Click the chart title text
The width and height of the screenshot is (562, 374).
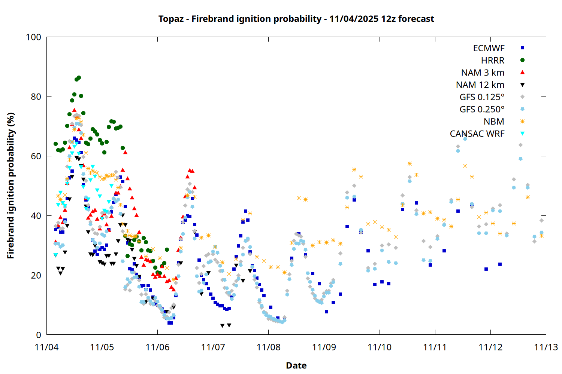[296, 19]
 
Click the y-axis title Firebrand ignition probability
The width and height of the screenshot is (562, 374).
[10, 186]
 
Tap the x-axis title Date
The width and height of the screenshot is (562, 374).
[296, 365]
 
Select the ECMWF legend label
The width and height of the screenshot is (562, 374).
[489, 48]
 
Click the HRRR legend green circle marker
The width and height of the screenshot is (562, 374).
[522, 60]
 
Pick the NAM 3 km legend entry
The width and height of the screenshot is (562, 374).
[483, 73]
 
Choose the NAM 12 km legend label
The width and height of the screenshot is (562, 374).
[480, 85]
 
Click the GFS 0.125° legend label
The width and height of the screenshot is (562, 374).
[482, 97]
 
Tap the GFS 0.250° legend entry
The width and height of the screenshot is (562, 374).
[482, 109]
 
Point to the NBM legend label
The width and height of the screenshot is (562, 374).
[494, 122]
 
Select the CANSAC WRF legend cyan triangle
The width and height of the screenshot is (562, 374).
[522, 134]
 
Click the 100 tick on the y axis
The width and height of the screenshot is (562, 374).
[33, 37]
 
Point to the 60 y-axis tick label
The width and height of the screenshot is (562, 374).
[36, 156]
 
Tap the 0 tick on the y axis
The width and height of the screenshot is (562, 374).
[39, 335]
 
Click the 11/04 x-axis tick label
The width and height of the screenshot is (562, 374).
[46, 347]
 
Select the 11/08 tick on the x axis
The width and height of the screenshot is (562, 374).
[269, 347]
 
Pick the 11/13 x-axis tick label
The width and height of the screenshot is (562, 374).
[546, 347]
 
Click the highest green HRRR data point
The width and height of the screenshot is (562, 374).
[79, 78]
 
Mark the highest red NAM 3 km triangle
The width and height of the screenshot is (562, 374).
[74, 110]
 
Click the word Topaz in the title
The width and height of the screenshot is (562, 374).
[171, 19]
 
